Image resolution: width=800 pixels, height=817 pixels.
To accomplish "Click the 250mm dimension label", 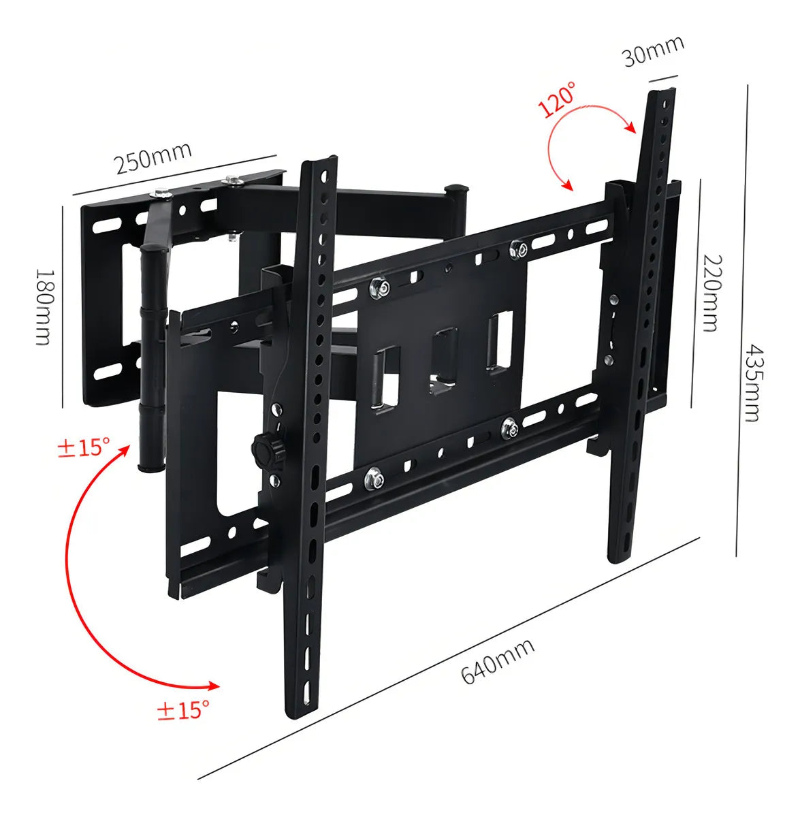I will pos(153,159).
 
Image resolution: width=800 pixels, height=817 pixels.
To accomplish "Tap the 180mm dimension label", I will pos(44,306).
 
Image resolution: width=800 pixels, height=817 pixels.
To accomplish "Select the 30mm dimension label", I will pos(653,51).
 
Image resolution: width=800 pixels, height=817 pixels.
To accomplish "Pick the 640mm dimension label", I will pos(498,660).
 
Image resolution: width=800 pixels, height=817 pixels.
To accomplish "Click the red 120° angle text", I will pos(556,99).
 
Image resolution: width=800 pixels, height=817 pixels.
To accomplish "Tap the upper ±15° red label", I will pos(83,447).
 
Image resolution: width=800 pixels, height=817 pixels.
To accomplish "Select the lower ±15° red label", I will pos(182,710).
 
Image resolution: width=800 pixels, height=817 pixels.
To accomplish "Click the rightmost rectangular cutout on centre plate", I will pos(499,340).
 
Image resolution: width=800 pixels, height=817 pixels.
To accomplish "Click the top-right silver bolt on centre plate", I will pos(517,249).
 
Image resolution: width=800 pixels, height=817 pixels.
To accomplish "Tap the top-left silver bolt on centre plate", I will pos(379,288).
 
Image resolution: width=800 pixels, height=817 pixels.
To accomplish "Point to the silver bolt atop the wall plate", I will pos(234,180).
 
